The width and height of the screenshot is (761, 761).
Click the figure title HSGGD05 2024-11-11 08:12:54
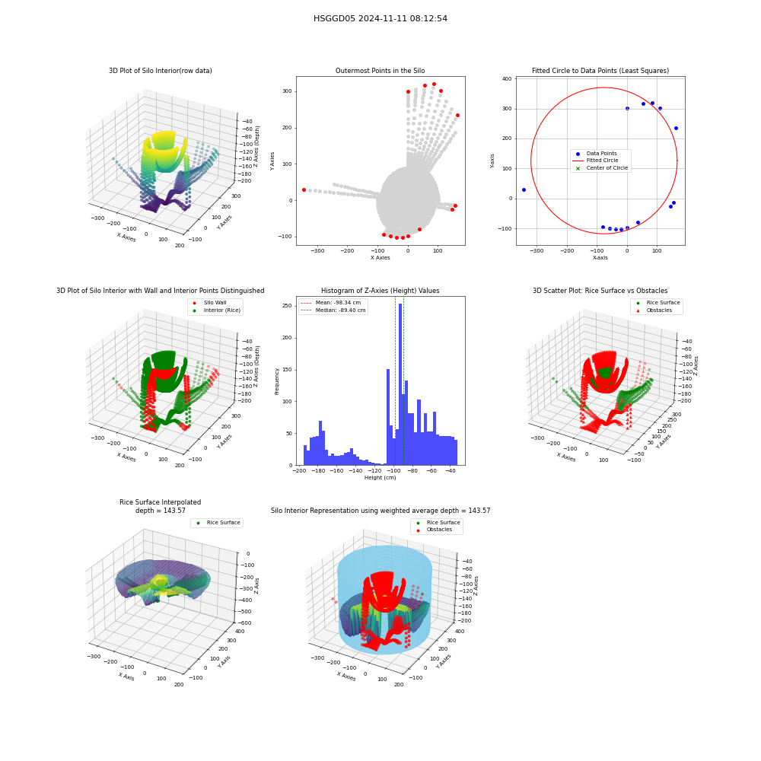[380, 18]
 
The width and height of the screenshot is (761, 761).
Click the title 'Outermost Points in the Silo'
[380, 71]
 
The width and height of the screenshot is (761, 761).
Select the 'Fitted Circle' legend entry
[602, 160]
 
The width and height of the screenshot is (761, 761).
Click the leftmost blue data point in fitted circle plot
[524, 189]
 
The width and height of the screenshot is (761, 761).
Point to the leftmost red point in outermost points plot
[304, 189]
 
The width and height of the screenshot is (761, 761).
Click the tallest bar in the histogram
[400, 384]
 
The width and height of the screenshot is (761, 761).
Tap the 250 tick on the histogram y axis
[287, 306]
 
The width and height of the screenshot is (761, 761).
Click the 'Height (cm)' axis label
[380, 478]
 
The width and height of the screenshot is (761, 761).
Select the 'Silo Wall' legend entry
[215, 302]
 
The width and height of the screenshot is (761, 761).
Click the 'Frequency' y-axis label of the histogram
[277, 381]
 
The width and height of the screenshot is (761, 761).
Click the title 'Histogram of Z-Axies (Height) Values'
[380, 291]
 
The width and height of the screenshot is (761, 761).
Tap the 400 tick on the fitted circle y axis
[507, 78]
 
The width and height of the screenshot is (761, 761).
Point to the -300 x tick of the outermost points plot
[317, 251]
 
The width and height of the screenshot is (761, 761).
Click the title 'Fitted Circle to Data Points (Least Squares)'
[600, 71]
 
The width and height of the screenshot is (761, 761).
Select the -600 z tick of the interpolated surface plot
[246, 622]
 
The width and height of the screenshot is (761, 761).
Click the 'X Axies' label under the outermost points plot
[380, 258]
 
